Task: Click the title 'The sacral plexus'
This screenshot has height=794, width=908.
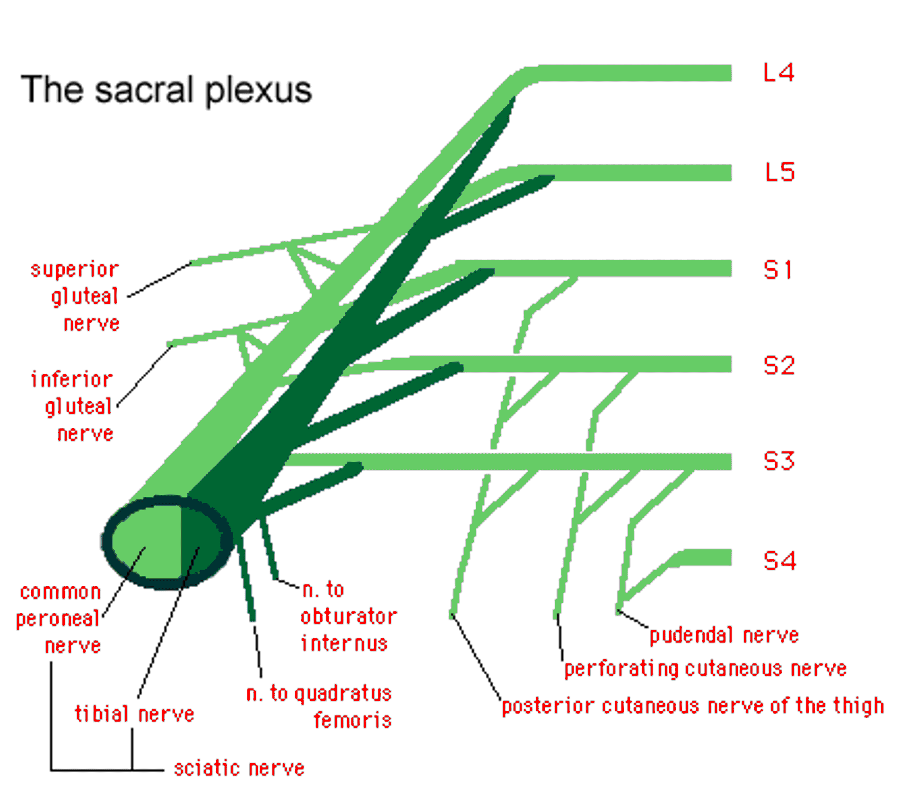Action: pyautogui.click(x=166, y=89)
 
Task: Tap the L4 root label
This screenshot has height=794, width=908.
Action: pyautogui.click(x=778, y=73)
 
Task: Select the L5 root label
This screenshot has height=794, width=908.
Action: pyautogui.click(x=779, y=172)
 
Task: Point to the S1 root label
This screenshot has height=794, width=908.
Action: pyautogui.click(x=777, y=270)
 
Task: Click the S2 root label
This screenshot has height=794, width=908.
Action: pyautogui.click(x=779, y=366)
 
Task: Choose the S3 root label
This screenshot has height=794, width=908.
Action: pyautogui.click(x=779, y=461)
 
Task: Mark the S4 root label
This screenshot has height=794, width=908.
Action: pyautogui.click(x=779, y=560)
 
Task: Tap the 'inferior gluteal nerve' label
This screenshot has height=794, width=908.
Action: pyautogui.click(x=74, y=406)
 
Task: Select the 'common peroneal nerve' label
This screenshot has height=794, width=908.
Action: pyautogui.click(x=60, y=618)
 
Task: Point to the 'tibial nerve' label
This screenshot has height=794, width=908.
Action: pyautogui.click(x=134, y=714)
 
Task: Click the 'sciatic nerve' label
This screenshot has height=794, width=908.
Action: pyautogui.click(x=239, y=768)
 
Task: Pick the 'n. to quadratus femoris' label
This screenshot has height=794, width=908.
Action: pyautogui.click(x=320, y=706)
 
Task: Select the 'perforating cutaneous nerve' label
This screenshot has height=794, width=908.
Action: pyautogui.click(x=705, y=669)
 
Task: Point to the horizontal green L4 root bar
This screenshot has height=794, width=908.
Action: pyautogui.click(x=634, y=73)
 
